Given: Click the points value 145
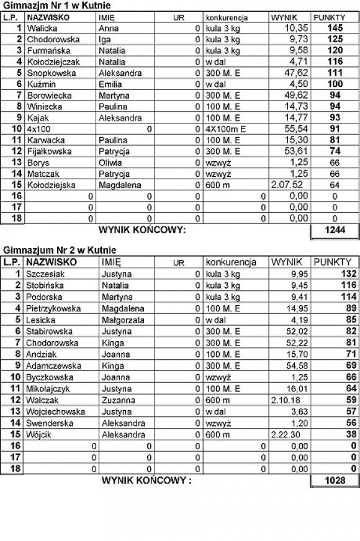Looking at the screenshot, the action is coord(335,28).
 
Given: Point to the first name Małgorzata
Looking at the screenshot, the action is coord(123,320).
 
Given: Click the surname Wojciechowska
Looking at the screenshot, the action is coord(55,412).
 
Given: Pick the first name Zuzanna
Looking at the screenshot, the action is coord(117,400).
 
